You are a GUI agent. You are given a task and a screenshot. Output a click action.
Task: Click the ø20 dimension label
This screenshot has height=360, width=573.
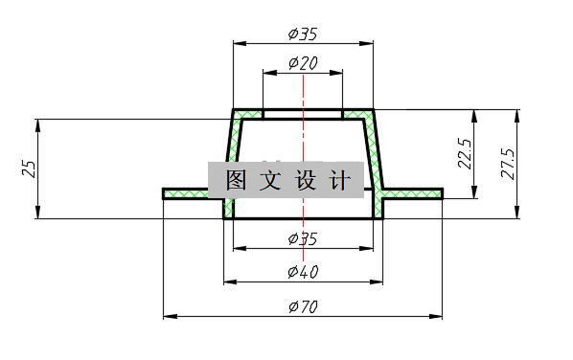303,63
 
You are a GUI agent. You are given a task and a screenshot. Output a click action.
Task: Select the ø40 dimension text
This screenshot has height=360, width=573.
303,273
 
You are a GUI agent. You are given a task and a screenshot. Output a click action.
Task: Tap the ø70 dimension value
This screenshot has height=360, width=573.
303,306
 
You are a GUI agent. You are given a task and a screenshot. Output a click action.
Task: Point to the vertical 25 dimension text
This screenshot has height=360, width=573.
30,169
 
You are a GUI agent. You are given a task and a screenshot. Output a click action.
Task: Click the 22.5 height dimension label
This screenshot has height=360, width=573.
465,154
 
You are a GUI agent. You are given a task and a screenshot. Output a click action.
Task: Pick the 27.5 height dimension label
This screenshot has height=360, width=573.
508,164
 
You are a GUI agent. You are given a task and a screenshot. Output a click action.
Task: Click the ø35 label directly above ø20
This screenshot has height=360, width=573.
303,34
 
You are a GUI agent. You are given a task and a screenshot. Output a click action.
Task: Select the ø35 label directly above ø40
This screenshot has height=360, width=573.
303,238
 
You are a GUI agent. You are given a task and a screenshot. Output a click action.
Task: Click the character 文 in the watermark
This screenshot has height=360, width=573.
271,180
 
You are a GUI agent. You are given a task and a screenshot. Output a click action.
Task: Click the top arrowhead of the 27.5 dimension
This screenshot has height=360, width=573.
517,114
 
